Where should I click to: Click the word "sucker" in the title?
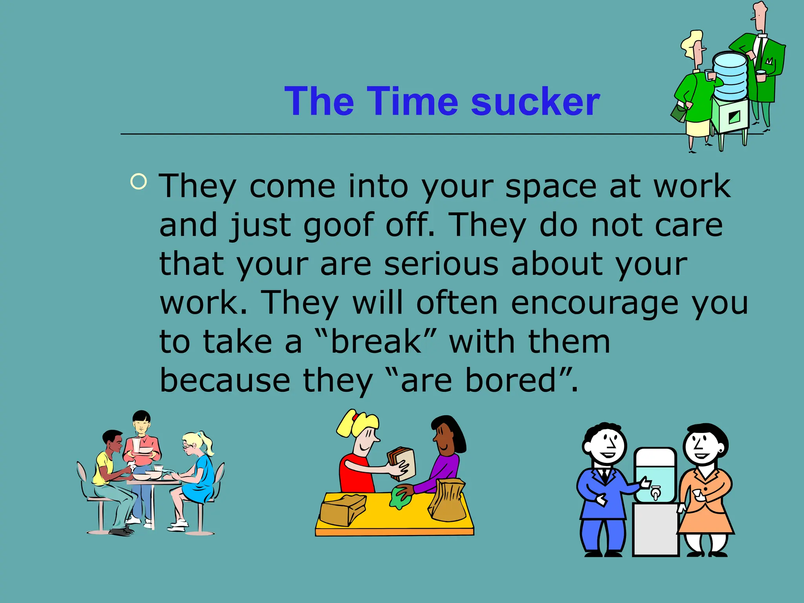coord(535,102)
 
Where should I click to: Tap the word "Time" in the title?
coord(413,102)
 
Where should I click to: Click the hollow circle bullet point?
coord(139,181)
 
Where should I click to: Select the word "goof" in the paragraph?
coord(338,225)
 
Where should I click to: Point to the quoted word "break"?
coord(376,342)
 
